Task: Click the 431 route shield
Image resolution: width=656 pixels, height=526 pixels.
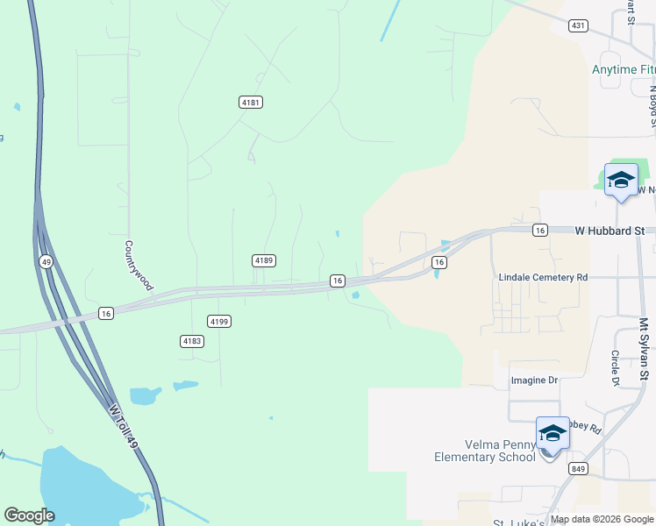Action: pos(577,26)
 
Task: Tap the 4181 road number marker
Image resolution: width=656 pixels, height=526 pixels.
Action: pos(251,103)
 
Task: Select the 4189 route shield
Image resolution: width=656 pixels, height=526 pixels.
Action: pos(263,260)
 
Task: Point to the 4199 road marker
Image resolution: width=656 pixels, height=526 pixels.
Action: pos(219,322)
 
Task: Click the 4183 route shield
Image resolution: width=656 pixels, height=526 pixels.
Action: pos(191,340)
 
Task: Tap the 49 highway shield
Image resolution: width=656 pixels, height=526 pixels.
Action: pos(45,261)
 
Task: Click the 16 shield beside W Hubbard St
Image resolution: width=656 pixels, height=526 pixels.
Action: pos(540,230)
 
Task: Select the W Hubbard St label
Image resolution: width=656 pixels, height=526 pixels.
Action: pos(609,231)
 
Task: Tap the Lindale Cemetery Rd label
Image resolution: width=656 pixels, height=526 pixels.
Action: pos(542,277)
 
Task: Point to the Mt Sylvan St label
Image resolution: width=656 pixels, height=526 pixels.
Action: pos(644,349)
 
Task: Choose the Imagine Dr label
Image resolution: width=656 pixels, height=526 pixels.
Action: pos(534,380)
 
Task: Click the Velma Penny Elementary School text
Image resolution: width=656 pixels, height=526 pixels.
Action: pos(485,450)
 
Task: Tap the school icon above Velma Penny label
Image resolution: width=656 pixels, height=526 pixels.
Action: pos(553,434)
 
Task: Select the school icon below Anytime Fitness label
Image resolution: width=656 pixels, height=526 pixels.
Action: pos(621,181)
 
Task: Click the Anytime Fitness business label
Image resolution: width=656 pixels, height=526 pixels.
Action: pos(624,69)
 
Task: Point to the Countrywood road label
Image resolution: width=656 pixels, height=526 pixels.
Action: pos(139,266)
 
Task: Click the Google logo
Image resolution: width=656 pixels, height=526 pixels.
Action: pos(29,515)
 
